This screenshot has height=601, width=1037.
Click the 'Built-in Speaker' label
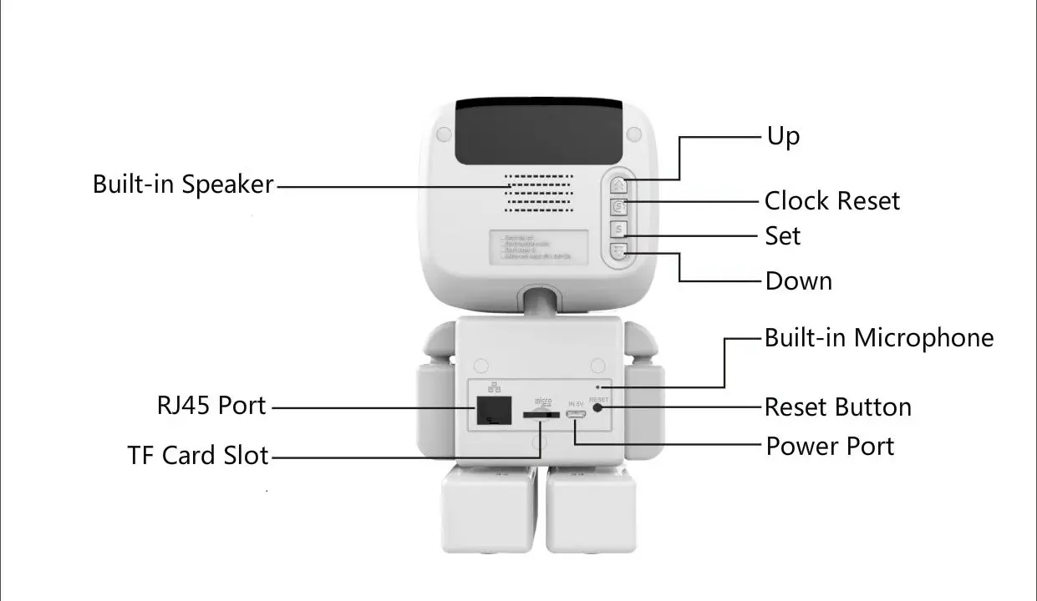click(183, 184)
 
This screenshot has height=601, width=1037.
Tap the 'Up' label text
click(783, 136)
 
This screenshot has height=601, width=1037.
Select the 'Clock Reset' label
click(831, 201)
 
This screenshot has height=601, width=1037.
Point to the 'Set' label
click(782, 236)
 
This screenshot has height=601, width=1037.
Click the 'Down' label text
click(798, 281)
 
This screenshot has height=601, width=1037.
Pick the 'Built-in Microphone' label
click(879, 338)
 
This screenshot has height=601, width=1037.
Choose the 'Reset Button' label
click(837, 407)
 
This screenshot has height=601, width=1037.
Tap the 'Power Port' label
click(830, 447)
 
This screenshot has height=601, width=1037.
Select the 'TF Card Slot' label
click(198, 456)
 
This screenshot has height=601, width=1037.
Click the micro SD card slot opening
click(540, 413)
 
